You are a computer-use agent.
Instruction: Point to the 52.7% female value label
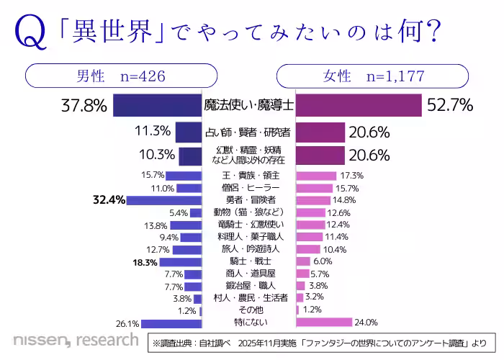click(449, 106)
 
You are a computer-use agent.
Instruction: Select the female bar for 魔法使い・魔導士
click(359, 105)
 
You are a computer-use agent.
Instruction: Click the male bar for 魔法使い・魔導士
click(157, 105)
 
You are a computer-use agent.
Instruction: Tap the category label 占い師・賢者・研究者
click(248, 132)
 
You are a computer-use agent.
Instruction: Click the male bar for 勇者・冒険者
click(163, 199)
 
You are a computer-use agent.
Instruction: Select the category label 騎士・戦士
click(248, 261)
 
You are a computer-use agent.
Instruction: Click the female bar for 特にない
click(324, 322)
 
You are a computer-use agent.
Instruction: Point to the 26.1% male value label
click(127, 323)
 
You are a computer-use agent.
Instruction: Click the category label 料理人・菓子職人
click(248, 237)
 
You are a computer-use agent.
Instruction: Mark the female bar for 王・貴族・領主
click(316, 175)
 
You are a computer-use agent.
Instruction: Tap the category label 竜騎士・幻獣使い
click(248, 225)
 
